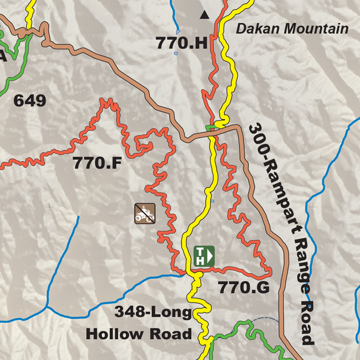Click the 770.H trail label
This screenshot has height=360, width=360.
pyautogui.click(x=181, y=43)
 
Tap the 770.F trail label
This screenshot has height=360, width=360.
pyautogui.click(x=97, y=163)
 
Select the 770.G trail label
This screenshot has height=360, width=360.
pyautogui.click(x=244, y=288)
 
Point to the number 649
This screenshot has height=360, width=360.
pyautogui.click(x=30, y=100)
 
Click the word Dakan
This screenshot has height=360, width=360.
pyautogui.click(x=259, y=29)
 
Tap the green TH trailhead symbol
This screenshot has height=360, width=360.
pyautogui.click(x=204, y=256)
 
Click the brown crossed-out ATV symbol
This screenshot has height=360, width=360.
pyautogui.click(x=145, y=213)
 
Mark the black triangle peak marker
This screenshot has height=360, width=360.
pyautogui.click(x=204, y=15)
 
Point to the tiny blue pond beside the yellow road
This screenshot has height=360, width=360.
pyautogui.click(x=212, y=201)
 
